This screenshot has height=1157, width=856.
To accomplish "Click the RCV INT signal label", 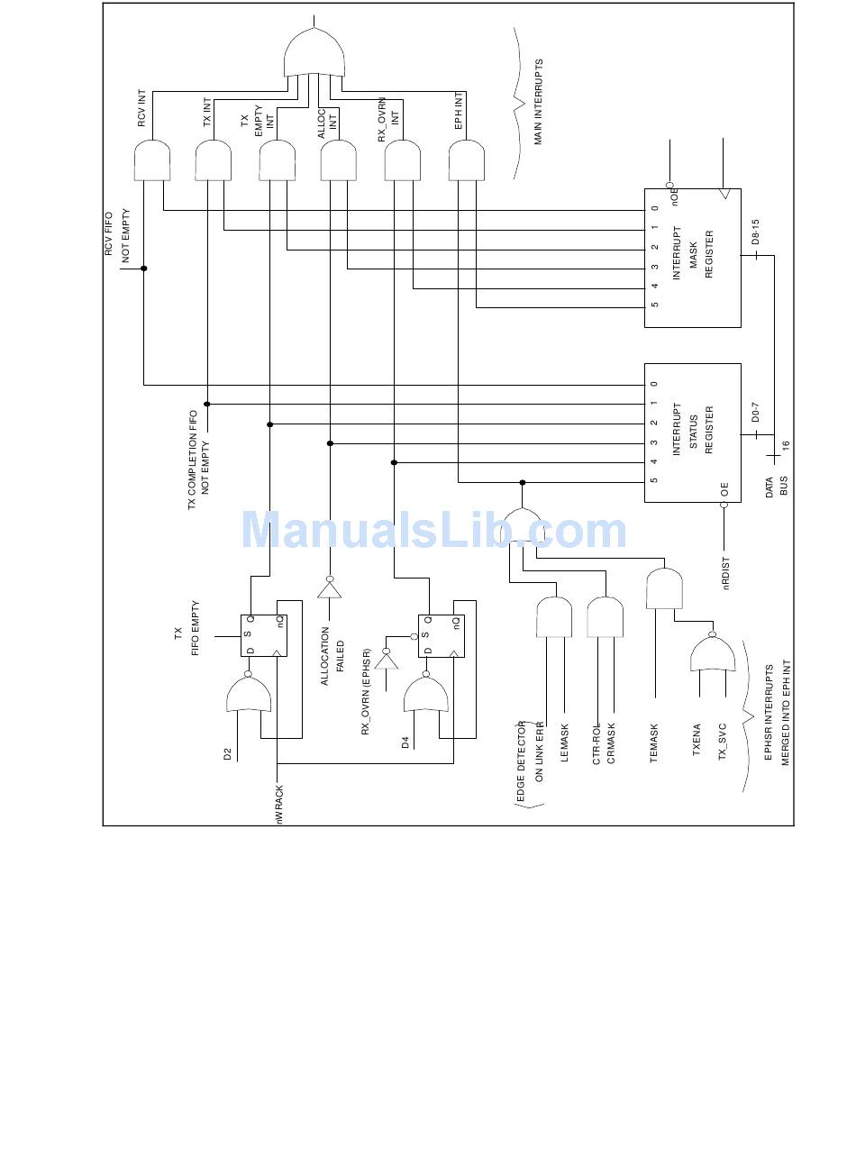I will coord(141,109).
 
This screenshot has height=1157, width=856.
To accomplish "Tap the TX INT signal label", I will coord(206,113).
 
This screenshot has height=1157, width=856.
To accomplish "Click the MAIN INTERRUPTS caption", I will coord(539,102).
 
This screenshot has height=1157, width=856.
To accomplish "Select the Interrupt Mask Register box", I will coord(691,257).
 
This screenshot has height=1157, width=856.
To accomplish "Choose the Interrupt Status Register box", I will coord(691,433).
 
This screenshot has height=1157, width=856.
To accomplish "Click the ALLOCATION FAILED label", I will coord(332,651).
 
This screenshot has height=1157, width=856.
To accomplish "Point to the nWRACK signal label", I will coord(279,804).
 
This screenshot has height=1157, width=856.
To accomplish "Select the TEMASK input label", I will coord(654,743).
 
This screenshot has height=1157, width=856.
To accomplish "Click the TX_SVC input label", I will coord(722,742).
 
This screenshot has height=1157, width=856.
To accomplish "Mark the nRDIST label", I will coord(726,574).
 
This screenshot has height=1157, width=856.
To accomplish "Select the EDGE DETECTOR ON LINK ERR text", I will coord(530,761).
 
